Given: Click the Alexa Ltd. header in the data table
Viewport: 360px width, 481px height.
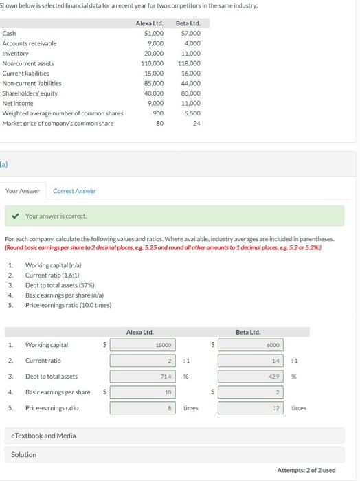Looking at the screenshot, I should coord(149,23).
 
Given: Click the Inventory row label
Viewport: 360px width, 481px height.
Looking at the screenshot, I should coord(16,53).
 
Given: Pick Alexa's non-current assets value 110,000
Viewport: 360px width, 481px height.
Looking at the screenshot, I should coord(152,63).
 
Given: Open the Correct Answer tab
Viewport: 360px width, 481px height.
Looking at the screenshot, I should coord(74,190).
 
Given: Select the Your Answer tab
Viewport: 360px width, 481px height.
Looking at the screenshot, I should coord(23,190).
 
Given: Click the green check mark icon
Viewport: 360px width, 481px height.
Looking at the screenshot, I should coord(17,216).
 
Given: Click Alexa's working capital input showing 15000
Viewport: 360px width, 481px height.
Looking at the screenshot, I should coord(144,345).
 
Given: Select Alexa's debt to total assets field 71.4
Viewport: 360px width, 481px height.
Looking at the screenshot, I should coord(144,377).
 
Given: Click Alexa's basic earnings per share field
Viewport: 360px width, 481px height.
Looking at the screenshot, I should coord(144,392).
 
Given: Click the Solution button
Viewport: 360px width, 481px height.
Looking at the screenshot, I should coord(24,454).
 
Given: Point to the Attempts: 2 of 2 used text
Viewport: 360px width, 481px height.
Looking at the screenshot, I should coord(306,470).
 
